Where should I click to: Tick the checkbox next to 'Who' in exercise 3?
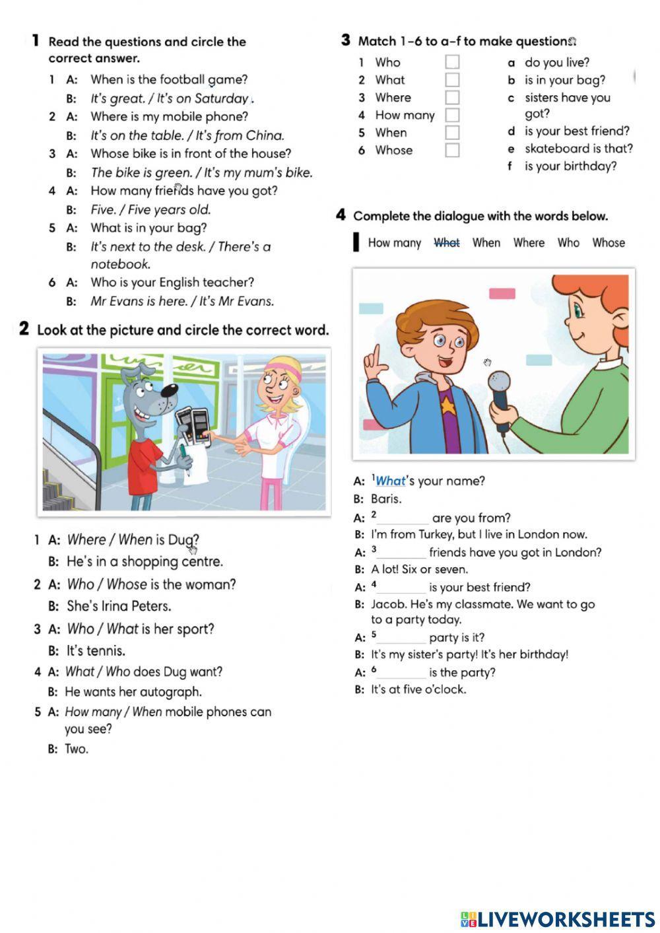[x=452, y=62]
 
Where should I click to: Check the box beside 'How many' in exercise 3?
[x=452, y=115]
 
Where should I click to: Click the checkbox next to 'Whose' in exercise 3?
[x=452, y=150]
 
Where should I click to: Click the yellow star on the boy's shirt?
[x=449, y=401]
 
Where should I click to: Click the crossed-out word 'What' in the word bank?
[x=447, y=243]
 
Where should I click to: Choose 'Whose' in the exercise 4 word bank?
[x=608, y=243]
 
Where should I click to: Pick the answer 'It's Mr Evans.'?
[x=236, y=302]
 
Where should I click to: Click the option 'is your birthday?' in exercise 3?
[x=570, y=166]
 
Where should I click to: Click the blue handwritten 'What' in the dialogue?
[x=390, y=481]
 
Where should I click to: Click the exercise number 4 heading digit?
[x=341, y=215]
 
